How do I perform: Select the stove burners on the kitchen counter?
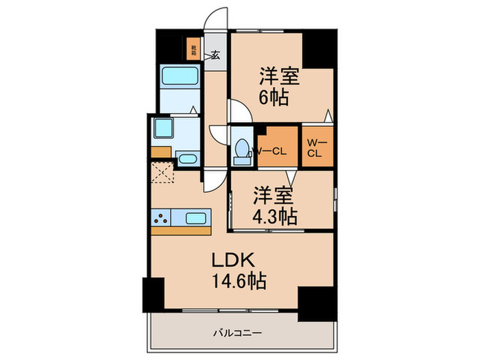click(x=161, y=219)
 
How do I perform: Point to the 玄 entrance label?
click(x=215, y=56)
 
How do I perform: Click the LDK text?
click(x=237, y=260)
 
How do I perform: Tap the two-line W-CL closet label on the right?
click(x=315, y=147)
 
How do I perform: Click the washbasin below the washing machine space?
click(x=187, y=160)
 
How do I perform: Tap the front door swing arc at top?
click(x=218, y=19)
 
